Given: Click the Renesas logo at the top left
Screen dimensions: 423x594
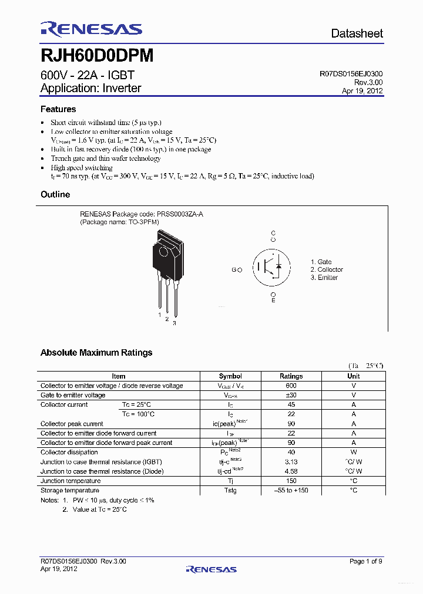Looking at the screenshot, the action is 91,29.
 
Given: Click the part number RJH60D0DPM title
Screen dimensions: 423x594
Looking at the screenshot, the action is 97,55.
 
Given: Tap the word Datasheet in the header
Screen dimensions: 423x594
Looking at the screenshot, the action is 357,33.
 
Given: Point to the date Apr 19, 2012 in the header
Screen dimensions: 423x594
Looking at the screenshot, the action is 362,91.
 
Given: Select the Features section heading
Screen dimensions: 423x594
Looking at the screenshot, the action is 58,109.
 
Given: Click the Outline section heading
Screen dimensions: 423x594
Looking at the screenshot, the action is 55,194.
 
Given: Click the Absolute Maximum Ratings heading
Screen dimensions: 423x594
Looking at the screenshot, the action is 96,353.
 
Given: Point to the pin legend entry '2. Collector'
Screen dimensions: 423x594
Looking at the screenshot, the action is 327,269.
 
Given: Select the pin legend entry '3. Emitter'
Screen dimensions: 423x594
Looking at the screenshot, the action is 324,278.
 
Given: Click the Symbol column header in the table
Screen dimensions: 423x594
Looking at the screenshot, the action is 230,376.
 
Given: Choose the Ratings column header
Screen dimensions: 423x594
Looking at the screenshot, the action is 291,376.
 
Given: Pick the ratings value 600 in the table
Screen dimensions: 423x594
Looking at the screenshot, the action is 291,386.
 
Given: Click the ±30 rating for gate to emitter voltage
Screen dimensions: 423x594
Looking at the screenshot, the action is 291,395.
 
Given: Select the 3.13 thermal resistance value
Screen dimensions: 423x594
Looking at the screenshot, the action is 291,462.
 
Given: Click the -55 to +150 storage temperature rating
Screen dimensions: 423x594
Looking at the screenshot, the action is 291,490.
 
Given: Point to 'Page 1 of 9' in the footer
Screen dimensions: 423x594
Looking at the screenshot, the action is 365,562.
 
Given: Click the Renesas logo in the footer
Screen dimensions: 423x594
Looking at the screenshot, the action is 211,569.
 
